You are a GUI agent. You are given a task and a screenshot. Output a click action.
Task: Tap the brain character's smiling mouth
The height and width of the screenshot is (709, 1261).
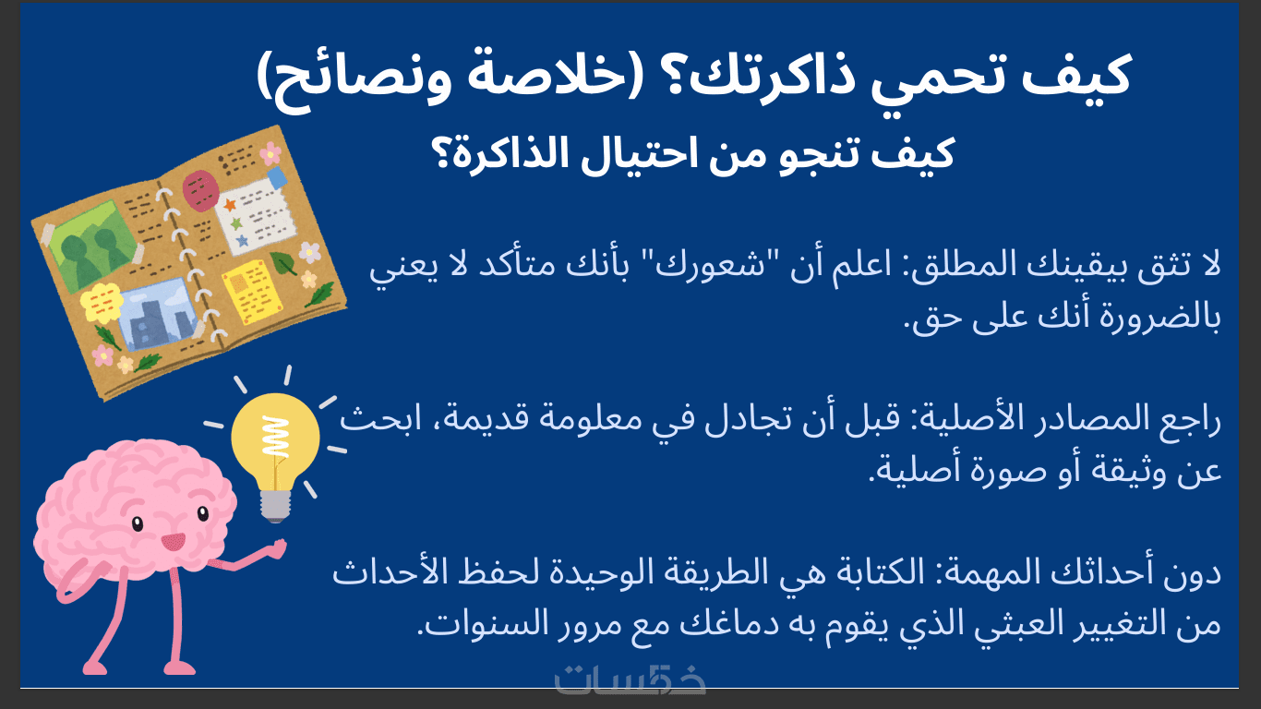(x=173, y=543)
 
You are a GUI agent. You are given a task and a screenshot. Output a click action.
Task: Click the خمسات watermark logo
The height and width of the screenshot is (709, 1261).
(x=630, y=679)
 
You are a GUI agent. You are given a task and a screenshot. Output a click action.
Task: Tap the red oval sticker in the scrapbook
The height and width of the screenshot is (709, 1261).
(x=199, y=190)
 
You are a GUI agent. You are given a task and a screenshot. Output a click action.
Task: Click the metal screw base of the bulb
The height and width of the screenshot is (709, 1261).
(x=275, y=505)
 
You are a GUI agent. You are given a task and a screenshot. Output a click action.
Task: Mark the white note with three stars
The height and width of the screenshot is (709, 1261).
(x=257, y=216)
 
